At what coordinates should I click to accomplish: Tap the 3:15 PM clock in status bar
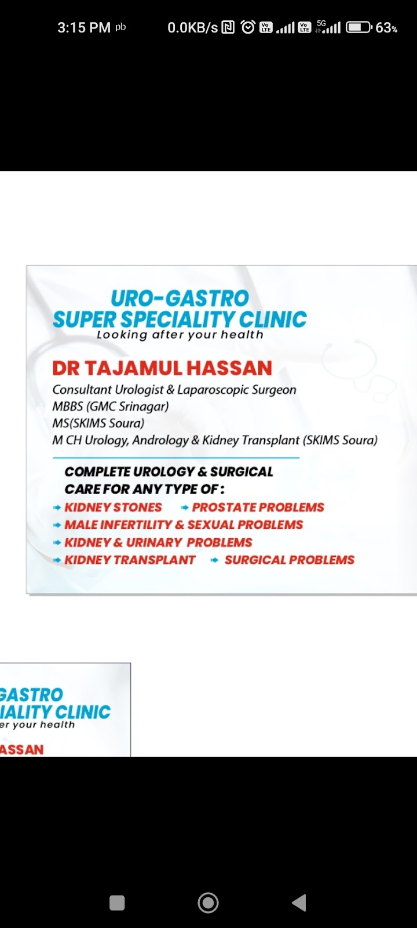click(x=84, y=28)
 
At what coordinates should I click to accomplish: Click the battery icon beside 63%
click(x=359, y=28)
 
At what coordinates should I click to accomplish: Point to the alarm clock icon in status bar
click(x=248, y=27)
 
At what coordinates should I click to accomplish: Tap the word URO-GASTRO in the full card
click(x=180, y=298)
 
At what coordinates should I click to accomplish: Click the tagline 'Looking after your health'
click(x=180, y=335)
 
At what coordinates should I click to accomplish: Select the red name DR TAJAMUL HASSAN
click(x=162, y=368)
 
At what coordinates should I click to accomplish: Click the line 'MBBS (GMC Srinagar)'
click(x=111, y=407)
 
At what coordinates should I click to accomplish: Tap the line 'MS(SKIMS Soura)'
click(x=98, y=423)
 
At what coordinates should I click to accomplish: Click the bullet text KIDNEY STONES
click(x=114, y=507)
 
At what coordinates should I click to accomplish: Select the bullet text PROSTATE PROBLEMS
click(x=258, y=507)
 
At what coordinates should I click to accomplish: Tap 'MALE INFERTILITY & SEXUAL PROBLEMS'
click(x=184, y=525)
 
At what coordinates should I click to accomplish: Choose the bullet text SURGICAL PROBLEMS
click(x=290, y=560)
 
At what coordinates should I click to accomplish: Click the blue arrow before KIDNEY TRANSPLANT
click(x=57, y=560)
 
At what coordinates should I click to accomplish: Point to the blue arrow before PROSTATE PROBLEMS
click(x=185, y=508)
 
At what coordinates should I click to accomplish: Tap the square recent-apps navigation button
click(x=117, y=903)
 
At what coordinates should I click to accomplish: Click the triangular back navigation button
click(x=299, y=903)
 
